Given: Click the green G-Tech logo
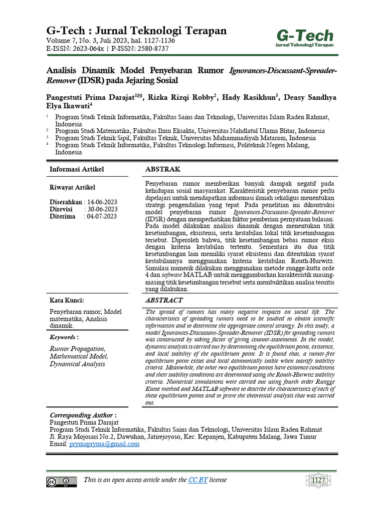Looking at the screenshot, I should pos(305,38).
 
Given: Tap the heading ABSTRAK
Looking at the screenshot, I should pos(163,170).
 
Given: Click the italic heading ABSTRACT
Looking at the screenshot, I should pos(164,300).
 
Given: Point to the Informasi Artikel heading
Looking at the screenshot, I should pos(77,170).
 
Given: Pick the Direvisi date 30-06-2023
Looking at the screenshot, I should pos(102,209).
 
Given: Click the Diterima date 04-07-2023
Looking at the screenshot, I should pos(102,216).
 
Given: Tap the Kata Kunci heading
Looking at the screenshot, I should pos(67,300).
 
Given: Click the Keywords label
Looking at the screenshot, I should pos(64,337).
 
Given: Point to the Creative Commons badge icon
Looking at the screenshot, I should pos(61,482).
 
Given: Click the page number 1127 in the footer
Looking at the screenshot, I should pos(318,481).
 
